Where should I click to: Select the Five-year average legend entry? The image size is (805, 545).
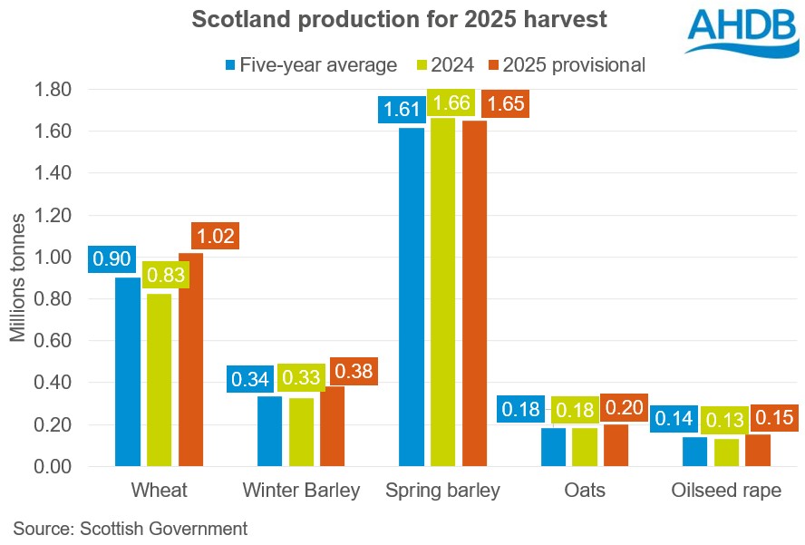click(311, 64)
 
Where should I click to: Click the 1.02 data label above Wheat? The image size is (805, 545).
click(214, 238)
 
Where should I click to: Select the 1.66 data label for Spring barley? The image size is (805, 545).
click(451, 102)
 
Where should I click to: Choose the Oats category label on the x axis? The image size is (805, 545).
click(584, 491)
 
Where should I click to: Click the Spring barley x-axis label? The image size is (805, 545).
click(442, 491)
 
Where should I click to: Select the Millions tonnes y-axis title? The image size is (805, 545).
click(18, 278)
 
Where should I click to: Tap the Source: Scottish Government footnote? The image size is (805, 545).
click(130, 528)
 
